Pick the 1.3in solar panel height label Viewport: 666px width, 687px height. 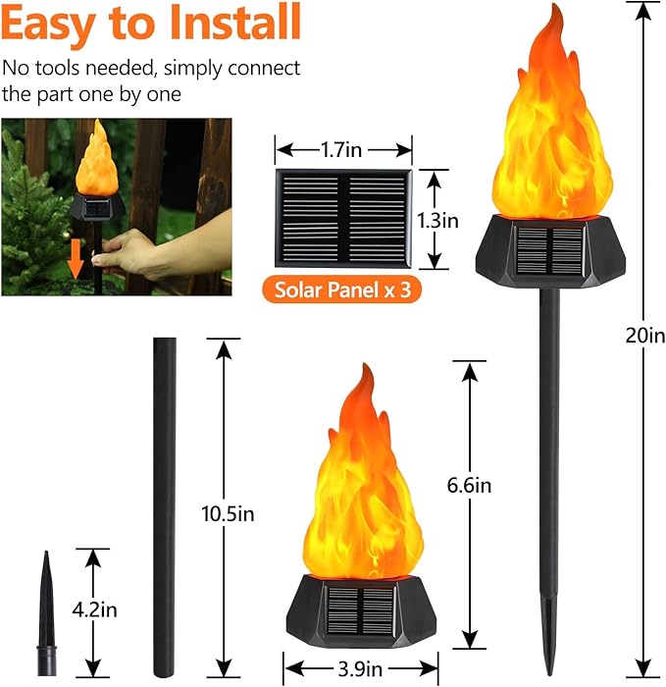pos(437,220)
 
